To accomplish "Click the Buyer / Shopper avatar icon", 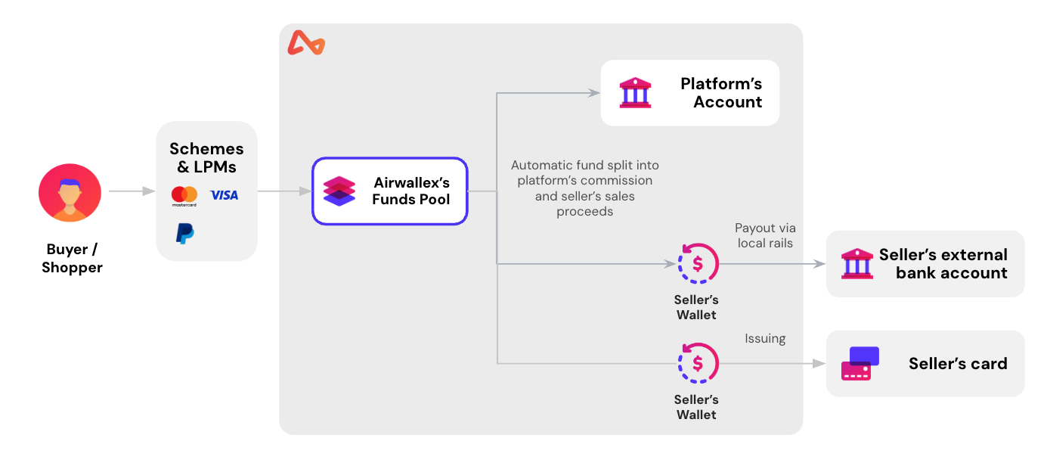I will [x=70, y=193].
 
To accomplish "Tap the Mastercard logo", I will [x=184, y=196].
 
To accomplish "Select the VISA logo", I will [x=224, y=195].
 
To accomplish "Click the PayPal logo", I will [x=184, y=233].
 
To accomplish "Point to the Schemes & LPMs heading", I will [x=206, y=157].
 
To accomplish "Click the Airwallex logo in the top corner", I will [x=306, y=44].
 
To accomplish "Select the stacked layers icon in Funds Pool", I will [x=339, y=191].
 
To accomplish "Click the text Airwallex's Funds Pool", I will [x=411, y=191].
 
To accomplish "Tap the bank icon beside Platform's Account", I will [x=635, y=93].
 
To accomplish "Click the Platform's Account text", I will [x=720, y=93].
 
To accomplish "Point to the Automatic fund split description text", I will [x=584, y=188].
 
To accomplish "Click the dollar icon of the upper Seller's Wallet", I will [x=697, y=264].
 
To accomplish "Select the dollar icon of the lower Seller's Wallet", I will [x=697, y=364].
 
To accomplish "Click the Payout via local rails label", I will [x=765, y=235].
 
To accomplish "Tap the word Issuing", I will [x=765, y=338].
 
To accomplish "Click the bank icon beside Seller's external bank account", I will [x=856, y=264].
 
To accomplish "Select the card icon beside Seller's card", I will [x=860, y=364].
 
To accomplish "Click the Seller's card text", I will [x=958, y=364].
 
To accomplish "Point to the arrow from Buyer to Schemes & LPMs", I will [x=132, y=191].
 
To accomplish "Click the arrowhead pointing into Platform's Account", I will [x=593, y=93].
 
